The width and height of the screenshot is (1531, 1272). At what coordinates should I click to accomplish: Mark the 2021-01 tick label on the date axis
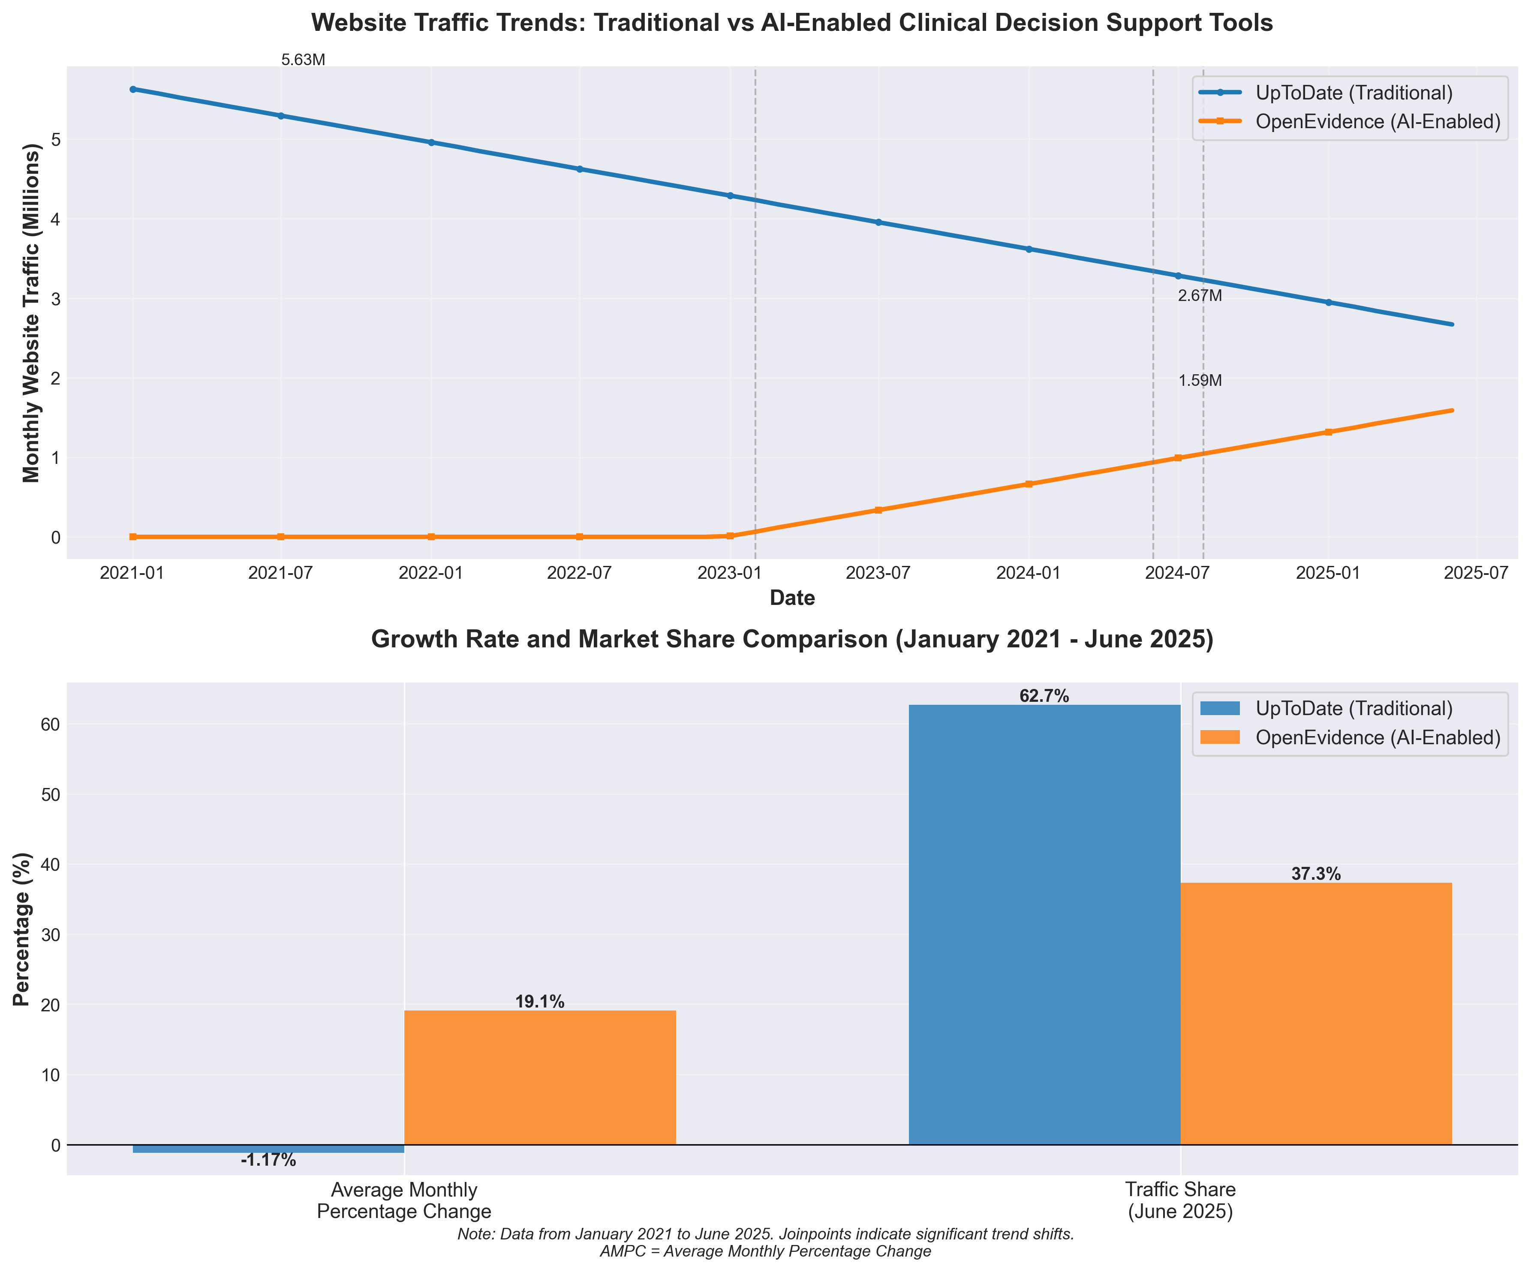[132, 574]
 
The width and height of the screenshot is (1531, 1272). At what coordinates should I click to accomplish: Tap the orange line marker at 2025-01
[1328, 432]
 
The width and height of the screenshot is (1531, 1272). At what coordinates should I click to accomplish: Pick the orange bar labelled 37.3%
[1316, 1013]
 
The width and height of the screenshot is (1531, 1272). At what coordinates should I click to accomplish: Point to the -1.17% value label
[268, 1161]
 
